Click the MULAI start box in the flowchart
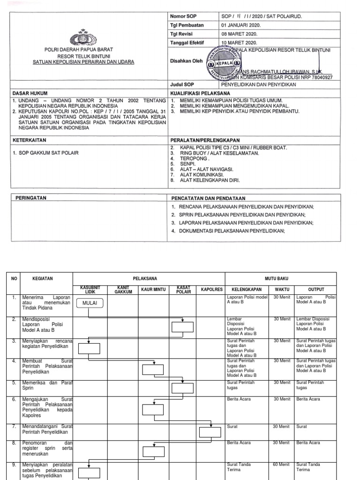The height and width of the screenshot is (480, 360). pos(90,303)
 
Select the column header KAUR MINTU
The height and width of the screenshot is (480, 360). pos(152,290)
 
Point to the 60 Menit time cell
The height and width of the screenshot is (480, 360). pos(282,465)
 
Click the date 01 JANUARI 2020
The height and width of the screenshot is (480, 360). pos(241,25)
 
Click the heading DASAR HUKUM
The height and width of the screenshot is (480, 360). pos(30,93)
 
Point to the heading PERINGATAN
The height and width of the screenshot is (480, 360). pos(29,198)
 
